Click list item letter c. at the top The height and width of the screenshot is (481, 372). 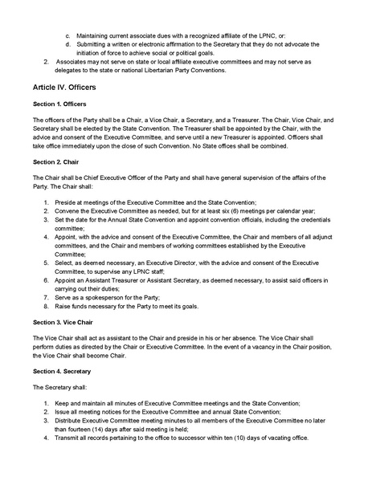67,36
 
